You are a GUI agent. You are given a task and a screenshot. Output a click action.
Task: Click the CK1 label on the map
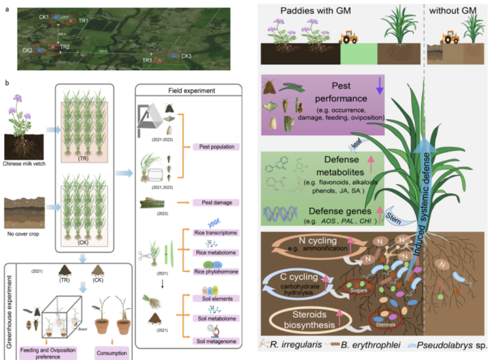pyautogui.click(x=44, y=17)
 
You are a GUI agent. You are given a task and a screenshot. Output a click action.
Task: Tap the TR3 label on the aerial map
pyautogui.click(x=147, y=61)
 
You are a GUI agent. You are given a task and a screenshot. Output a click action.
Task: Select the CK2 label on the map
pyautogui.click(x=27, y=50)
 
